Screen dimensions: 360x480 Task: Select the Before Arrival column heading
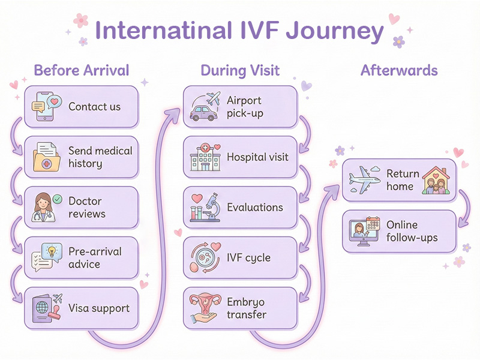pos(82,70)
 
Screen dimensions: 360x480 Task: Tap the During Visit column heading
pos(240,70)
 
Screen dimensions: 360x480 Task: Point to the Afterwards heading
pos(399,70)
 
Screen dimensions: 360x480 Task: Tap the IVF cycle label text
pos(248,258)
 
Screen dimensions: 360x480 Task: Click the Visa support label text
pos(99,308)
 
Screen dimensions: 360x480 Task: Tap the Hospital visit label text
pos(257,157)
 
